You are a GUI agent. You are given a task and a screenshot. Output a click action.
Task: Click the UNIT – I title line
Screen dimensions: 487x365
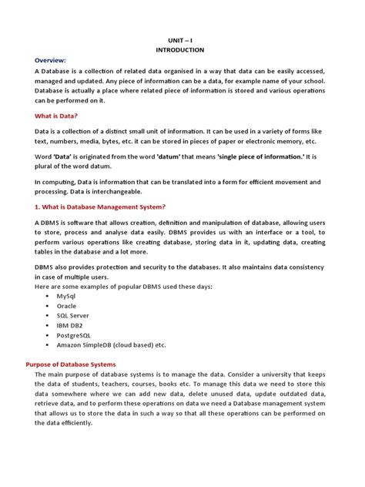[x=182, y=37]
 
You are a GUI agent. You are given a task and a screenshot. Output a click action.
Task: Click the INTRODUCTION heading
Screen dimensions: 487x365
[x=182, y=49]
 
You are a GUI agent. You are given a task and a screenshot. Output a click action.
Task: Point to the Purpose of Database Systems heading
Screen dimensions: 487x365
[x=70, y=363]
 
